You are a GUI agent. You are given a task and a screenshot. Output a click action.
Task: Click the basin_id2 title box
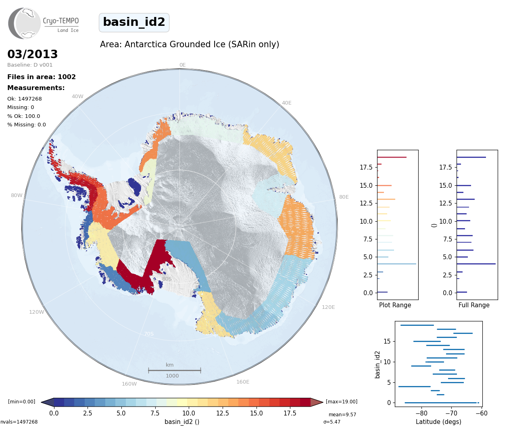134,22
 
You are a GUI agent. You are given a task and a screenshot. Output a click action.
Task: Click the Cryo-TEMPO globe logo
24,23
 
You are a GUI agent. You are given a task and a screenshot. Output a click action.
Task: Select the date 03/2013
32,54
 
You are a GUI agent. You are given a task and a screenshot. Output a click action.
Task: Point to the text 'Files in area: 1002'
42,77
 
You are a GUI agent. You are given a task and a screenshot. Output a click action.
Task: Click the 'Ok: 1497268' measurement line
25,99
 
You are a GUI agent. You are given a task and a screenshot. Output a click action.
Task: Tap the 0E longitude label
183,65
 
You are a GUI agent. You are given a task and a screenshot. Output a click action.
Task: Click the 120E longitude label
328,307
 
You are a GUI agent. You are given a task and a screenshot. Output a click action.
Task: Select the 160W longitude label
129,384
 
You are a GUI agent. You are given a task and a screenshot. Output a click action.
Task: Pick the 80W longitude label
17,195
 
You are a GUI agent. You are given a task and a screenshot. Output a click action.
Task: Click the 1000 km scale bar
175,370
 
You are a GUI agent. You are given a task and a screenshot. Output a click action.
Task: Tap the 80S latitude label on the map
167,279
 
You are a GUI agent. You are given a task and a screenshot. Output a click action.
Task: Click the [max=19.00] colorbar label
342,402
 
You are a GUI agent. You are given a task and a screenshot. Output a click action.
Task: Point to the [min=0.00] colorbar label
22,402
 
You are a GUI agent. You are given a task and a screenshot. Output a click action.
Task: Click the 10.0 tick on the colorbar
188,413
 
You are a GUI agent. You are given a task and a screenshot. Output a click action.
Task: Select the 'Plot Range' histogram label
395,305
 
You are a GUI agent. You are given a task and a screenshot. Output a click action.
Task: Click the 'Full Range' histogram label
474,305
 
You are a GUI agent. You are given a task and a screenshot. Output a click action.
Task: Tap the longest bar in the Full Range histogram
476,264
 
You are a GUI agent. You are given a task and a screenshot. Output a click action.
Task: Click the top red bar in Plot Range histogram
392,157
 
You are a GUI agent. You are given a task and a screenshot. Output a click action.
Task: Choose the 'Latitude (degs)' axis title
438,422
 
